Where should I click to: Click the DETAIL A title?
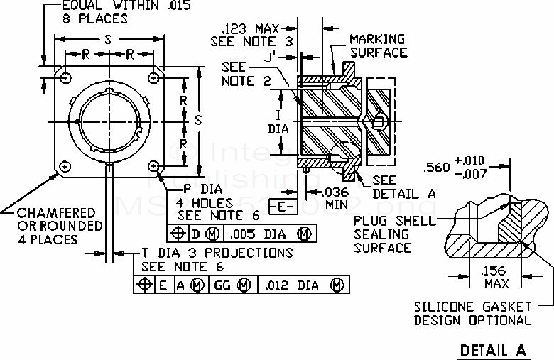tap(492, 350)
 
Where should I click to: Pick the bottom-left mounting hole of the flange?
tap(65, 166)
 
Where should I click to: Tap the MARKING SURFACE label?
tap(377, 45)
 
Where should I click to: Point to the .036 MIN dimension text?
tap(336, 197)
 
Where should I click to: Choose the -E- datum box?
tap(282, 207)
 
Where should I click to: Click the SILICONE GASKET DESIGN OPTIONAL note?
tap(473, 313)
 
